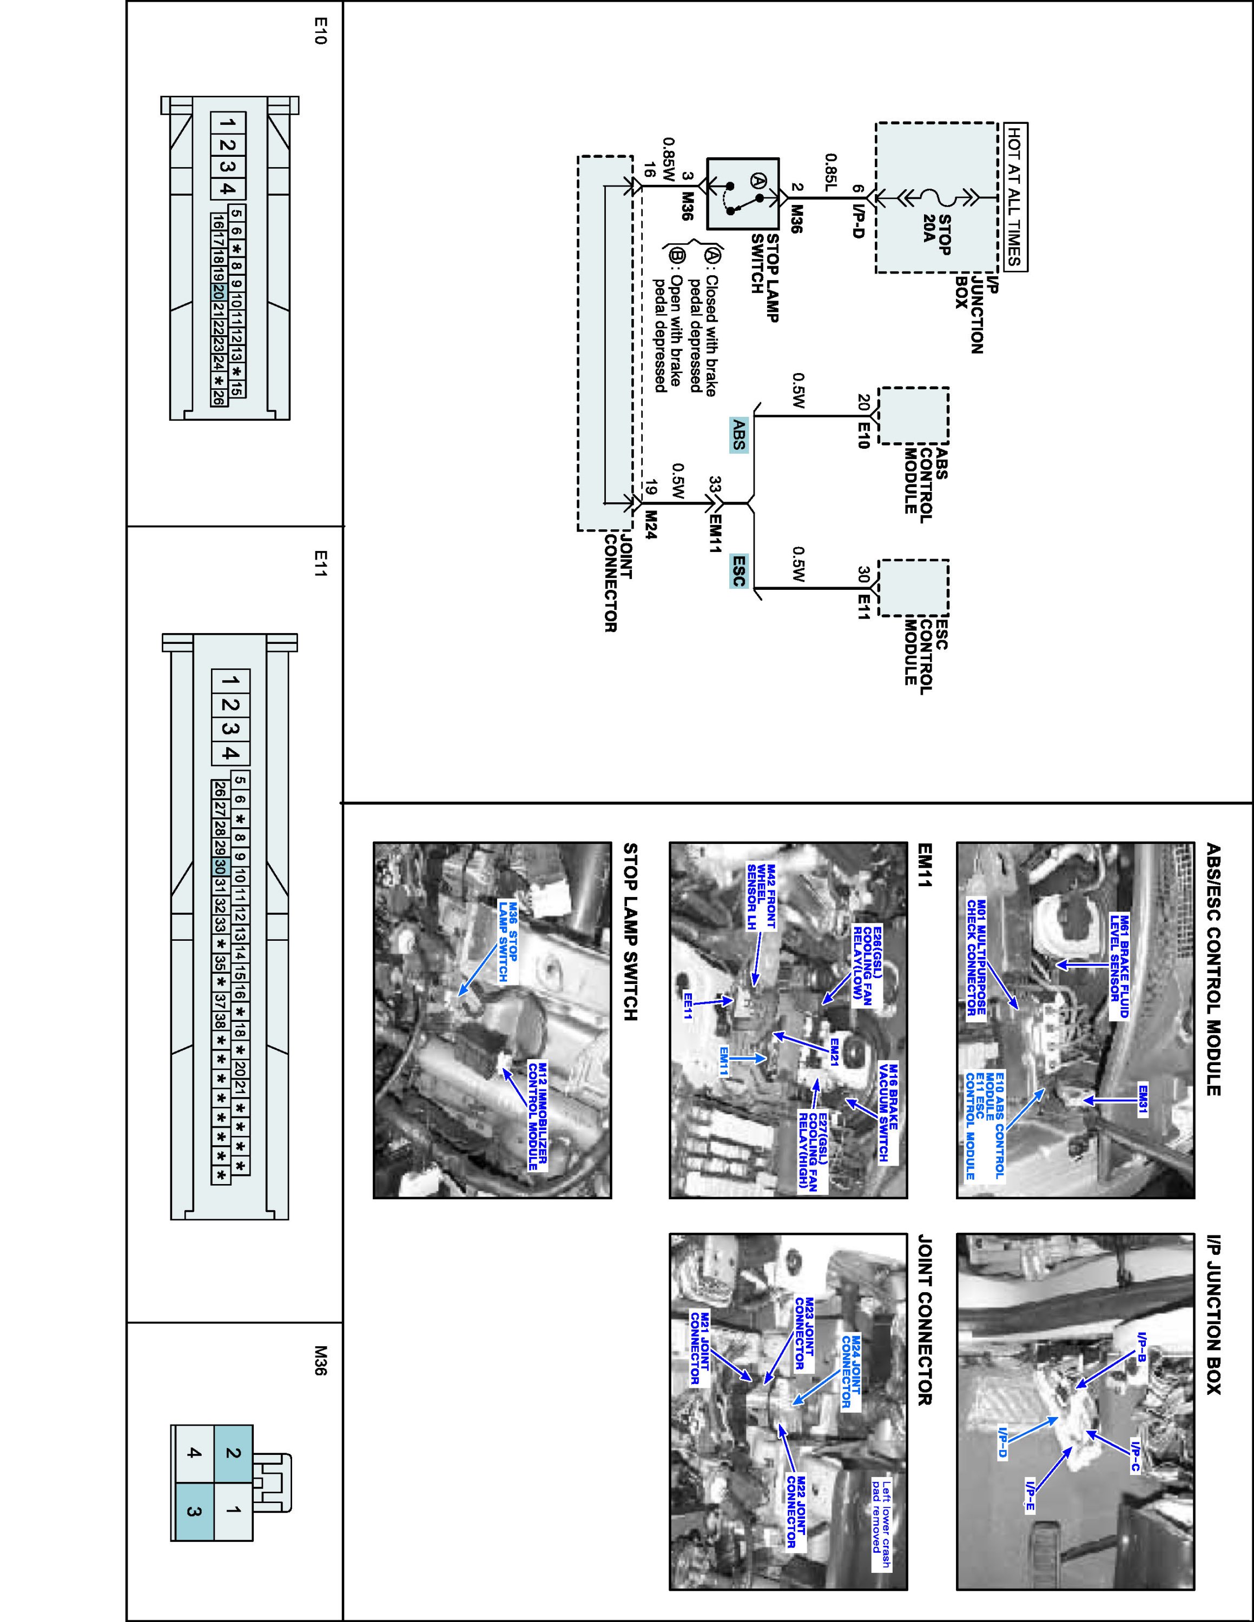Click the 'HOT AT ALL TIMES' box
1015,197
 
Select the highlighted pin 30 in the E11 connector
219,867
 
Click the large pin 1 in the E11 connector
231,681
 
